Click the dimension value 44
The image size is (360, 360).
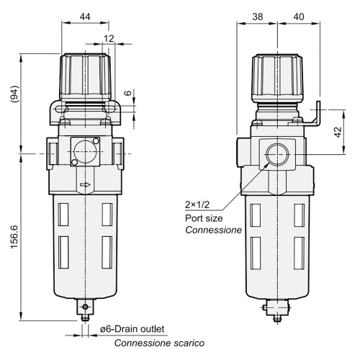[x=86, y=16]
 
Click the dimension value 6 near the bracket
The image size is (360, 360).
[x=127, y=94]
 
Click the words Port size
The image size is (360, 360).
[x=204, y=217]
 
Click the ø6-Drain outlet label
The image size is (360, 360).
[x=132, y=329]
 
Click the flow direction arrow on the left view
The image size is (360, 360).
[x=86, y=185]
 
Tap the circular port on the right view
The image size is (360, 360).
[x=274, y=153]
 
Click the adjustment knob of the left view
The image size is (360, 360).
[x=86, y=76]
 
